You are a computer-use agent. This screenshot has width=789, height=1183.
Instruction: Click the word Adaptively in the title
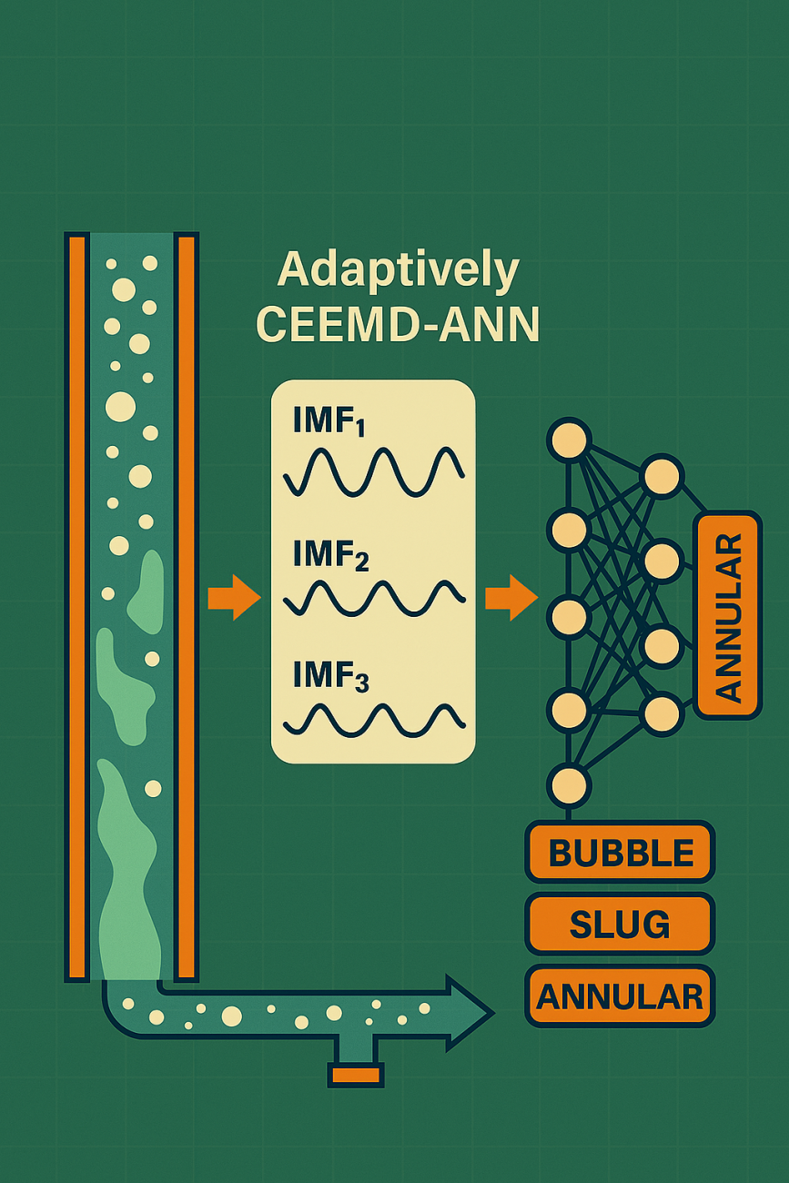pyautogui.click(x=398, y=270)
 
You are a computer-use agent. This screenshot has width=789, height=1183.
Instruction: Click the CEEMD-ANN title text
pyautogui.click(x=398, y=324)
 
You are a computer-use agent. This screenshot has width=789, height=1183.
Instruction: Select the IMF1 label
pyautogui.click(x=329, y=422)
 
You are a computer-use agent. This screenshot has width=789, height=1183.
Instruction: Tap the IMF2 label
pyautogui.click(x=330, y=555)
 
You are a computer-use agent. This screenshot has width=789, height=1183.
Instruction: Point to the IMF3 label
pyautogui.click(x=330, y=678)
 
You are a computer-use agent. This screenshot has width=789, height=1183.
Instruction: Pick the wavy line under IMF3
pyautogui.click(x=374, y=720)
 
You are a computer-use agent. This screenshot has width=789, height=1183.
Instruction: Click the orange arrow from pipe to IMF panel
pyautogui.click(x=234, y=598)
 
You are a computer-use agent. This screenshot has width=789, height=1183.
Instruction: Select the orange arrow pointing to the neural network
pyautogui.click(x=511, y=598)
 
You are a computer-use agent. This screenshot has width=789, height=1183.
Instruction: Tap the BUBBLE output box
pyautogui.click(x=620, y=853)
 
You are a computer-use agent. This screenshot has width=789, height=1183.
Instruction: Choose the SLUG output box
pyautogui.click(x=620, y=925)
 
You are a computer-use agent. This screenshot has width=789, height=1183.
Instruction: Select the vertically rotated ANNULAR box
pyautogui.click(x=728, y=615)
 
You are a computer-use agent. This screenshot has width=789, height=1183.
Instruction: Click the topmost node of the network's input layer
pyautogui.click(x=569, y=441)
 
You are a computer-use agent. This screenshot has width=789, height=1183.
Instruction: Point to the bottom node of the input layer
pyautogui.click(x=569, y=784)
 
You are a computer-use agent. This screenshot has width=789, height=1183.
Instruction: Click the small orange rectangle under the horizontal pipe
pyautogui.click(x=355, y=1076)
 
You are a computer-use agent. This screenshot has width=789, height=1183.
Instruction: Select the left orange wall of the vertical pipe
pyautogui.click(x=76, y=605)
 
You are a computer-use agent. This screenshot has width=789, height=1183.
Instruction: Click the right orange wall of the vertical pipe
pyautogui.click(x=187, y=605)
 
